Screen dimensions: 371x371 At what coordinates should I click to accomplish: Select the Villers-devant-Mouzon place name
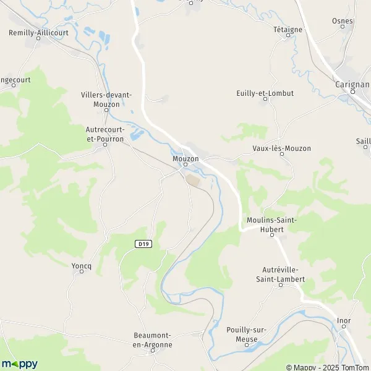[x=106, y=100]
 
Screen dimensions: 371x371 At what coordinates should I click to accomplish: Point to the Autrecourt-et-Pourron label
[x=105, y=134]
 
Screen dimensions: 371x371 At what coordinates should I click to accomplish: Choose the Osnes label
[x=342, y=20]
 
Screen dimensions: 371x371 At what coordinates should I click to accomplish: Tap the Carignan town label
[x=351, y=84]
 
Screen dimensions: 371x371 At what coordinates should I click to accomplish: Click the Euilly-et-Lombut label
[x=265, y=93]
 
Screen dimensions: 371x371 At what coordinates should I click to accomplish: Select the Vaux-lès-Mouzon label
[x=281, y=148]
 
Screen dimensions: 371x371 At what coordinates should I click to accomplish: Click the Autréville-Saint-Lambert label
[x=281, y=275]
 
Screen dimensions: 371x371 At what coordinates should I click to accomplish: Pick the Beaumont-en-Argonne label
[x=153, y=340]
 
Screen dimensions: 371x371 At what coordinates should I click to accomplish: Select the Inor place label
[x=344, y=320]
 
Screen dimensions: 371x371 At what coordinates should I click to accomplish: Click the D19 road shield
[x=143, y=244]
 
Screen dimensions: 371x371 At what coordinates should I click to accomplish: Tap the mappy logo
[x=20, y=364]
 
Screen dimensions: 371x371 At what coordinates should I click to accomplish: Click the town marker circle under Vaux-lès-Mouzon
[x=282, y=155]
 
